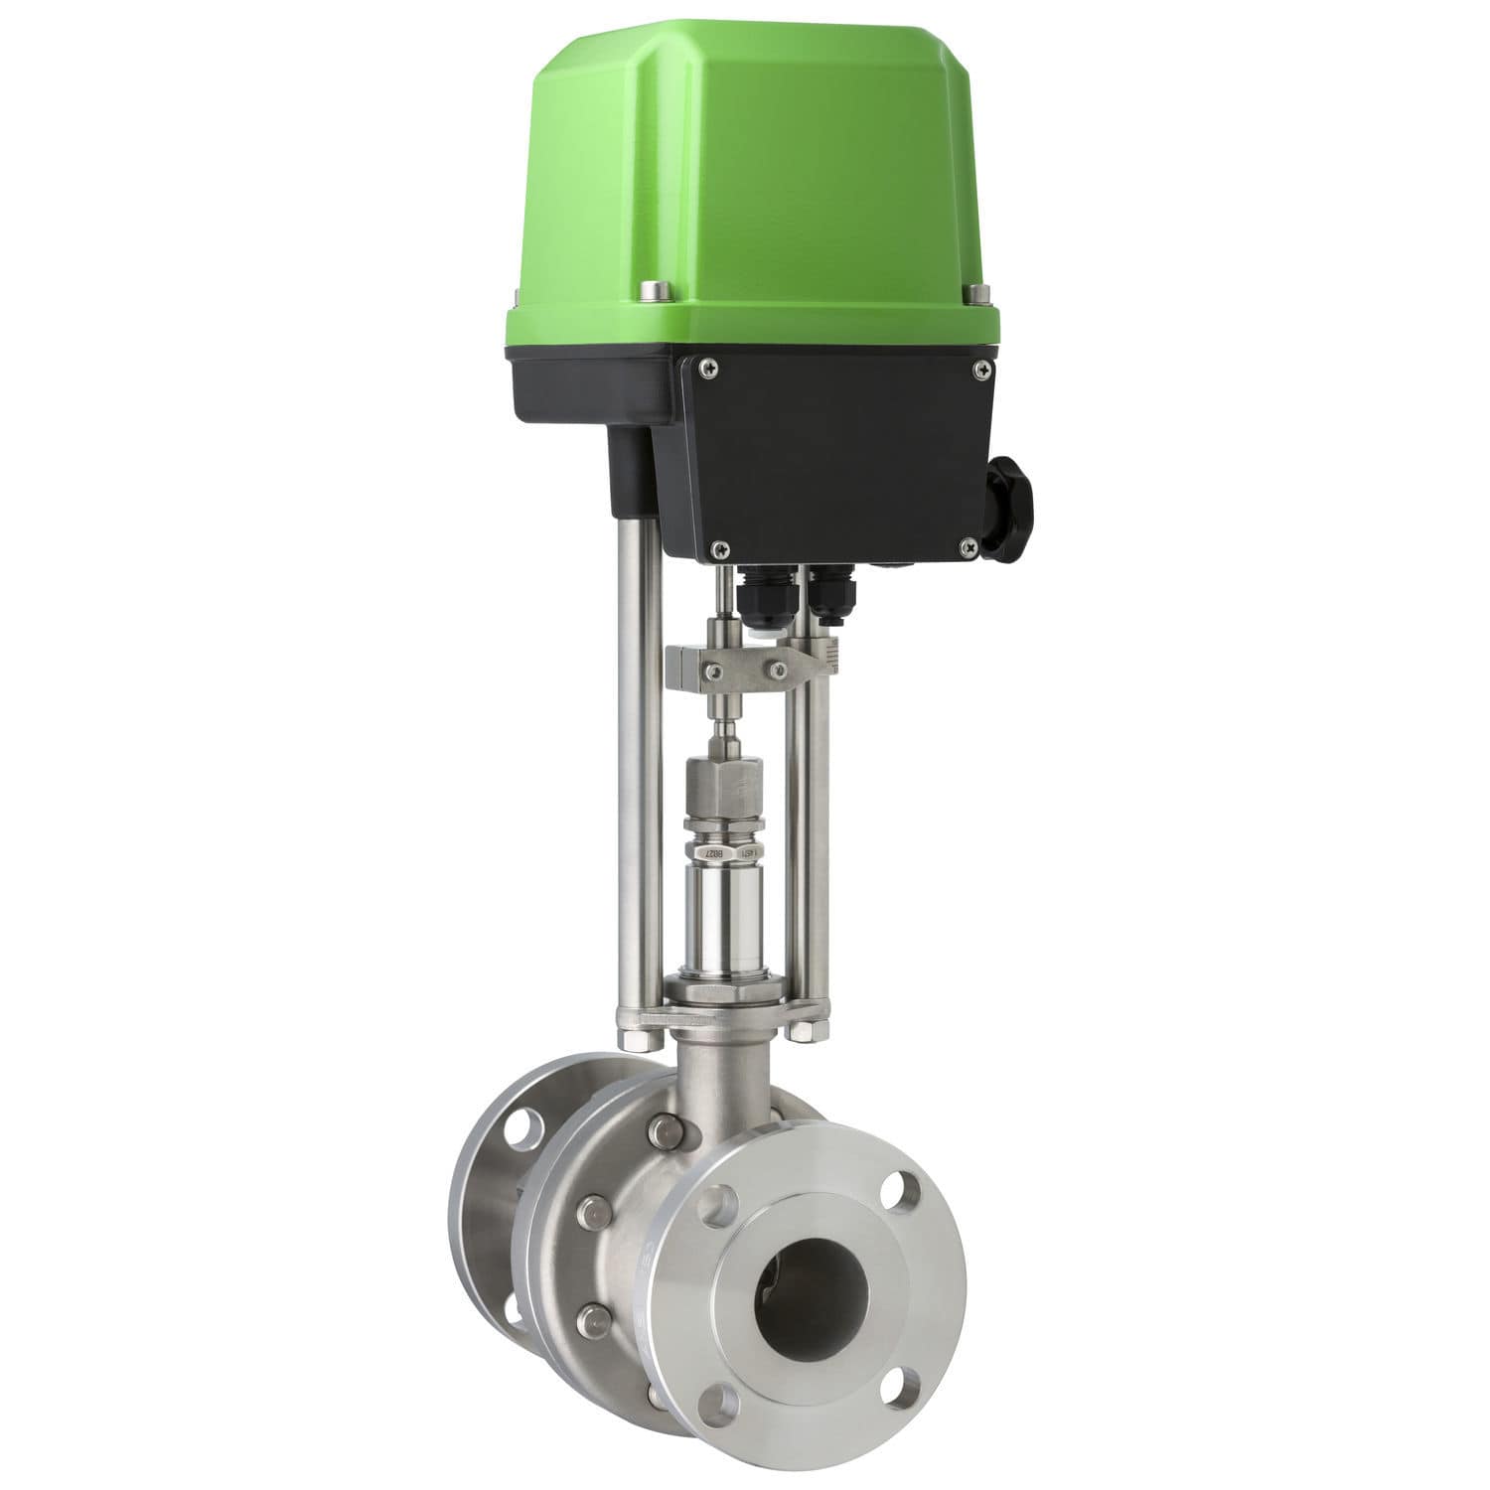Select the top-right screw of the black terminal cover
982,370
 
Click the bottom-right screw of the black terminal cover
968,543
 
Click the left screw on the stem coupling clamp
713,673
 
